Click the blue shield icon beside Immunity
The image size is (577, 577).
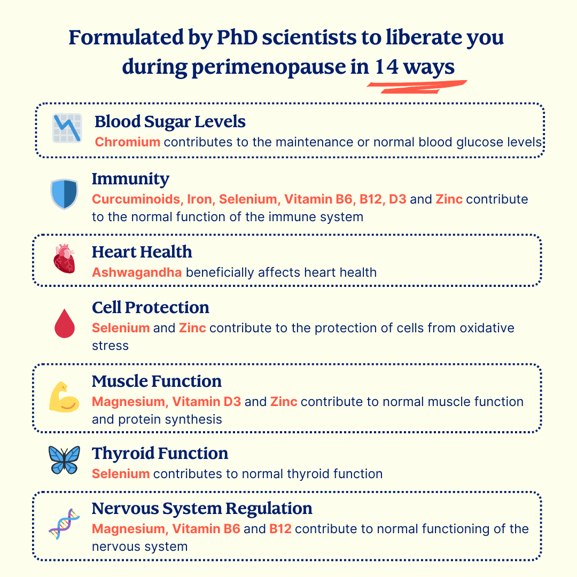[x=64, y=194]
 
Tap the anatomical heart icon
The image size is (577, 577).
[x=65, y=259]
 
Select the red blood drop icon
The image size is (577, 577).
[x=65, y=323]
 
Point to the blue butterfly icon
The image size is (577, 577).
[x=64, y=459]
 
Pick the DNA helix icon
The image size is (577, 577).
[x=65, y=524]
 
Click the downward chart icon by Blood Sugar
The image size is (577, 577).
[x=67, y=128]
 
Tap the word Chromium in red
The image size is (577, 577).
[x=127, y=142]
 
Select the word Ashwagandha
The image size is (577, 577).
[x=137, y=272]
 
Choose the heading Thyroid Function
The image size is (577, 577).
[x=160, y=454]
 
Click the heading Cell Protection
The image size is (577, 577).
[x=151, y=308]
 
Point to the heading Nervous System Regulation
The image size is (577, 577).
[x=202, y=509]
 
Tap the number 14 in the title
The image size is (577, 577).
[x=387, y=67]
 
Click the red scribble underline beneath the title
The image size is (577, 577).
[x=417, y=87]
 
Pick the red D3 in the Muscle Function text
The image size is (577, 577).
[x=232, y=401]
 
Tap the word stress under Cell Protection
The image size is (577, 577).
[x=111, y=346]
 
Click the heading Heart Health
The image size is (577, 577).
[x=142, y=252]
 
